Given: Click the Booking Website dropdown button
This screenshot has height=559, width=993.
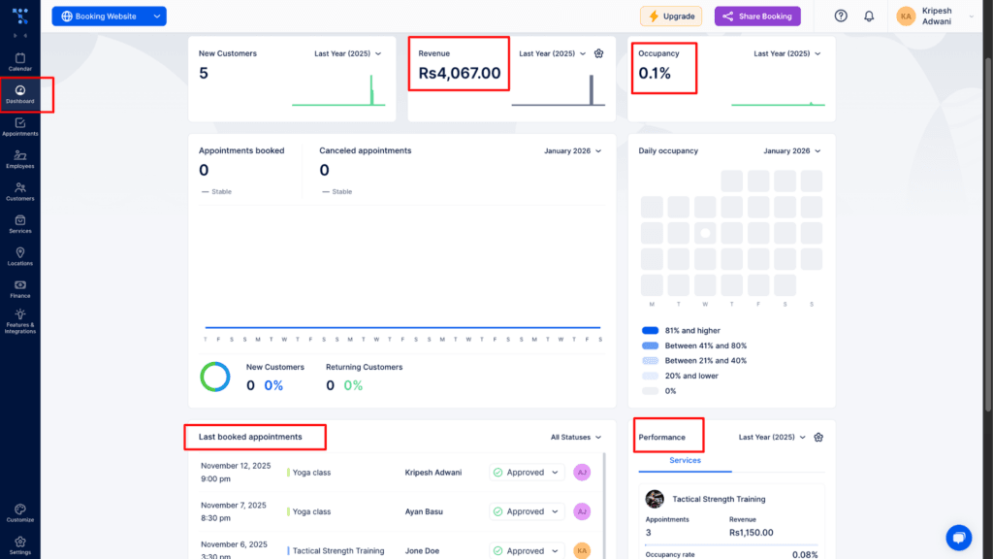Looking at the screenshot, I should point(109,16).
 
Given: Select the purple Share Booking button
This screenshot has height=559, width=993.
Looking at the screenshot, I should point(757,16).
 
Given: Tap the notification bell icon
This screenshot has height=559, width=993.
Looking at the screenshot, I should point(869,16).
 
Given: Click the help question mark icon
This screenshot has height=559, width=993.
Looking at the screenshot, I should point(841,16).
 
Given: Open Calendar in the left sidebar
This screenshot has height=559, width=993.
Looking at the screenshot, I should point(19,62).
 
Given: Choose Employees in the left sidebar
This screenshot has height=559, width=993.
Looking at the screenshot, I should point(19,159).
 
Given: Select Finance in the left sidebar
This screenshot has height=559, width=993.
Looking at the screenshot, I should point(19,288).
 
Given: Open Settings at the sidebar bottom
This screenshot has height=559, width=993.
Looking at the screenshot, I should point(19,545).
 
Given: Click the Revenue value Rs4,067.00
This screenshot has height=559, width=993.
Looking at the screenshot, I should point(460,74).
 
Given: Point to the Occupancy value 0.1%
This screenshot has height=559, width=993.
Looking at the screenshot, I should point(655,74).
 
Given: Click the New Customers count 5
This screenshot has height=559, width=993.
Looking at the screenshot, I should point(204,74).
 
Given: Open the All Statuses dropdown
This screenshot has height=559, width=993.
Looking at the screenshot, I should point(576,438).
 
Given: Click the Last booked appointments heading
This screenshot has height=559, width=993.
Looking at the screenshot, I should point(250,438).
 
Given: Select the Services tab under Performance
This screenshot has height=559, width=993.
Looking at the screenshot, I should point(685,461).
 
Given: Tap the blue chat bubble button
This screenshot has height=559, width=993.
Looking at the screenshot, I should point(958,537).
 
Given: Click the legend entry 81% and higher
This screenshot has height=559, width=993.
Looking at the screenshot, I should point(692,331).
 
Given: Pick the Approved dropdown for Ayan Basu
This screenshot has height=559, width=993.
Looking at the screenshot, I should point(527,511).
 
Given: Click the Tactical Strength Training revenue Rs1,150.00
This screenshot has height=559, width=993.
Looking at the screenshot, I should point(753,533).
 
